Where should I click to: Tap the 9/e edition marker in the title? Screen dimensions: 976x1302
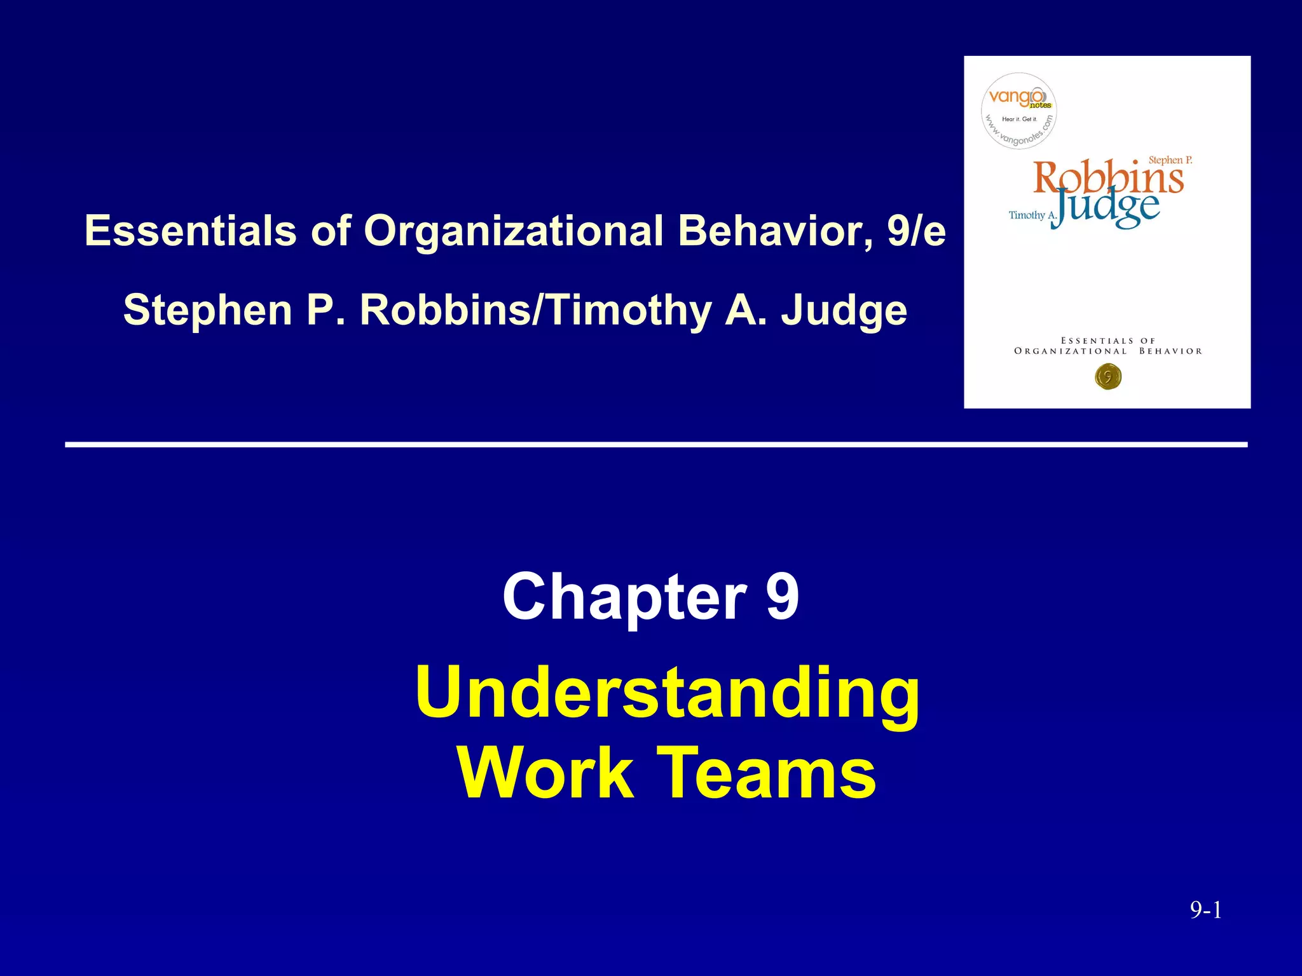coord(916,230)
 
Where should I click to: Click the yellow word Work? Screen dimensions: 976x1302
coord(545,773)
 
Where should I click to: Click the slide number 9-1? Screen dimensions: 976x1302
coord(1206,911)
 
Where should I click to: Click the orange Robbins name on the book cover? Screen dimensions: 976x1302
coord(1108,177)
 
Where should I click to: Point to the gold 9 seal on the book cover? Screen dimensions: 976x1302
coord(1108,377)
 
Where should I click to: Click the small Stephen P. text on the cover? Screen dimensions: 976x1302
coord(1170,160)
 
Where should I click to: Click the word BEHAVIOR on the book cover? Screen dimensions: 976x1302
coord(1170,351)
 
